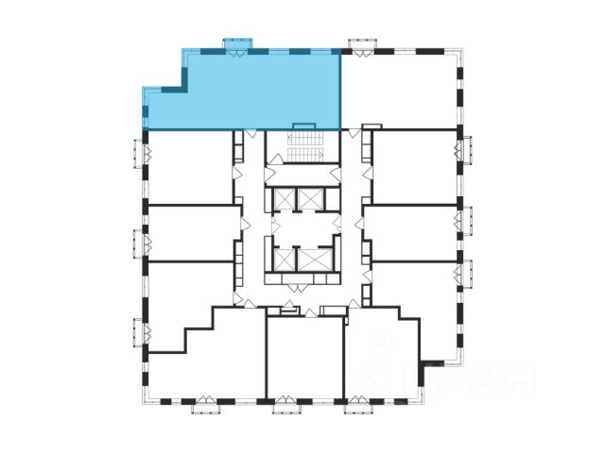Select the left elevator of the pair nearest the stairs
[283, 198]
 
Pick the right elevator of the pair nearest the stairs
[310, 198]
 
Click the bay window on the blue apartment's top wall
[235, 43]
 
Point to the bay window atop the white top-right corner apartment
[362, 43]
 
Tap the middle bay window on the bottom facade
[285, 407]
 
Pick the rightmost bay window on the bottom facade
[360, 407]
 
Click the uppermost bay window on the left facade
[137, 151]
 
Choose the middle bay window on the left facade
[137, 240]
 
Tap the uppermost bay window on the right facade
[464, 151]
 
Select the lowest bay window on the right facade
[464, 271]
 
